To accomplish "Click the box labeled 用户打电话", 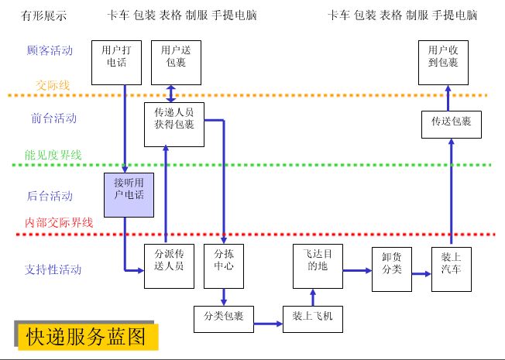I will point(116,62).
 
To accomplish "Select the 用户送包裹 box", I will point(176,62).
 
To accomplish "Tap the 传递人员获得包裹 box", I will point(174,124).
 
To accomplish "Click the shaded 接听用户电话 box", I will point(129,194).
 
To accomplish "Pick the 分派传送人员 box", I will point(169,266).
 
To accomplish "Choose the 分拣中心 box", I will point(224,266).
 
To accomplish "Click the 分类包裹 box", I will point(224,317).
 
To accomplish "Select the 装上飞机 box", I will point(312,317).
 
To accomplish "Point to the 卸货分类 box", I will point(391,269).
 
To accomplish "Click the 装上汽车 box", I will point(451,269).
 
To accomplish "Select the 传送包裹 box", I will point(451,124).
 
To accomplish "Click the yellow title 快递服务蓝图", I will point(86,337).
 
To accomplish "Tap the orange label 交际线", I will point(52,85).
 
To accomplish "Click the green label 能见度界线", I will point(53,155).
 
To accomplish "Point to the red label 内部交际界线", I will point(59,222).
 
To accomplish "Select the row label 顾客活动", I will point(50,50).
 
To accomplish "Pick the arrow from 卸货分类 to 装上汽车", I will point(421,273).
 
